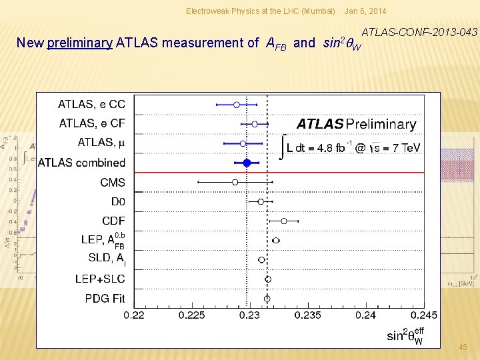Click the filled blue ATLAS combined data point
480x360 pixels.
click(x=247, y=162)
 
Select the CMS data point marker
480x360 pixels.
click(x=235, y=182)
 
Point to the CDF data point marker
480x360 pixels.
click(x=284, y=221)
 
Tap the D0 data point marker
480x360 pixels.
click(x=261, y=201)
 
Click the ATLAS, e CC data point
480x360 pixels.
click(x=237, y=105)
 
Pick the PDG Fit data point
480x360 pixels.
click(x=267, y=299)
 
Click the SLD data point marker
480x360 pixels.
click(x=262, y=260)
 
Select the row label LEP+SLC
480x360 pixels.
click(x=100, y=279)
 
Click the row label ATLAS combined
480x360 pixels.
click(x=81, y=162)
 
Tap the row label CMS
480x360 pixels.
click(x=113, y=182)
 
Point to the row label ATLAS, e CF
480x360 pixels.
click(x=92, y=123)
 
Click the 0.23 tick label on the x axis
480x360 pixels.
click(x=249, y=315)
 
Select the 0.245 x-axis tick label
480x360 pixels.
click(x=423, y=315)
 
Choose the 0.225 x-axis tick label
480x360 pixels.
click(x=192, y=315)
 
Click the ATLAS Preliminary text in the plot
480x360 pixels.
click(x=356, y=124)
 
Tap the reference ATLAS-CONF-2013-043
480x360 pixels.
click(x=419, y=31)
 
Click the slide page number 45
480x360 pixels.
click(x=463, y=347)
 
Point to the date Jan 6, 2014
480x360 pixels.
click(x=365, y=11)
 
